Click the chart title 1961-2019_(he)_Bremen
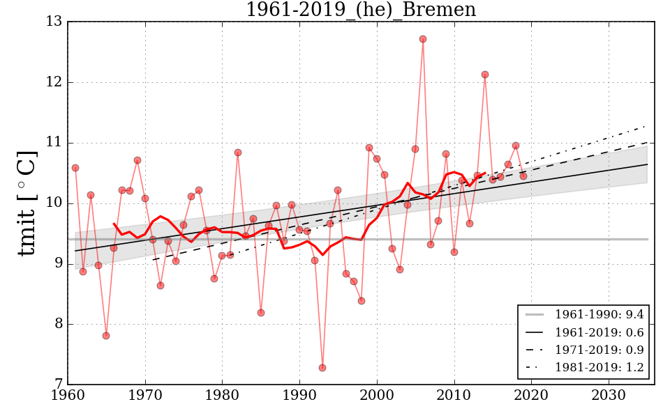[361, 10]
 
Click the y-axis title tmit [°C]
[27, 203]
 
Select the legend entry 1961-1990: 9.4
[599, 316]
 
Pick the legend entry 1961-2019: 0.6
[599, 333]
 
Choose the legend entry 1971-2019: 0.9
[599, 350]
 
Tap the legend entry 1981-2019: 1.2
[599, 367]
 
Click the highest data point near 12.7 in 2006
[423, 39]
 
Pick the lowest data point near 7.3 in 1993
[322, 368]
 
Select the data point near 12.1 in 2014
[485, 75]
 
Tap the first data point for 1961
[75, 168]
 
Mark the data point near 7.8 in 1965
[106, 336]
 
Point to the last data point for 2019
[523, 176]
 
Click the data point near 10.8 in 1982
[238, 153]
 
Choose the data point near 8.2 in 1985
[261, 313]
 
